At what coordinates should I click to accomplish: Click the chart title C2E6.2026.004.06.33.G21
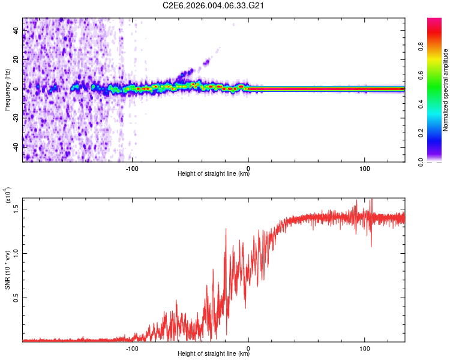[214, 6]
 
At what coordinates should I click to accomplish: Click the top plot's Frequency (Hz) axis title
[7, 89]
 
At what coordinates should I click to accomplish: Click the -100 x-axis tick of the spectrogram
[133, 167]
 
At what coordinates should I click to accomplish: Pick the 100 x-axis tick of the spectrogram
[365, 167]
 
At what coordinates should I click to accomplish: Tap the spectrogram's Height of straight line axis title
[214, 174]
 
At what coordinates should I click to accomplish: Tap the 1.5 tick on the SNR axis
[16, 208]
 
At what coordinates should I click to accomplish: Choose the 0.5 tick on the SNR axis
[16, 297]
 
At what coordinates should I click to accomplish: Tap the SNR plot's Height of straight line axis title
[214, 354]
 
